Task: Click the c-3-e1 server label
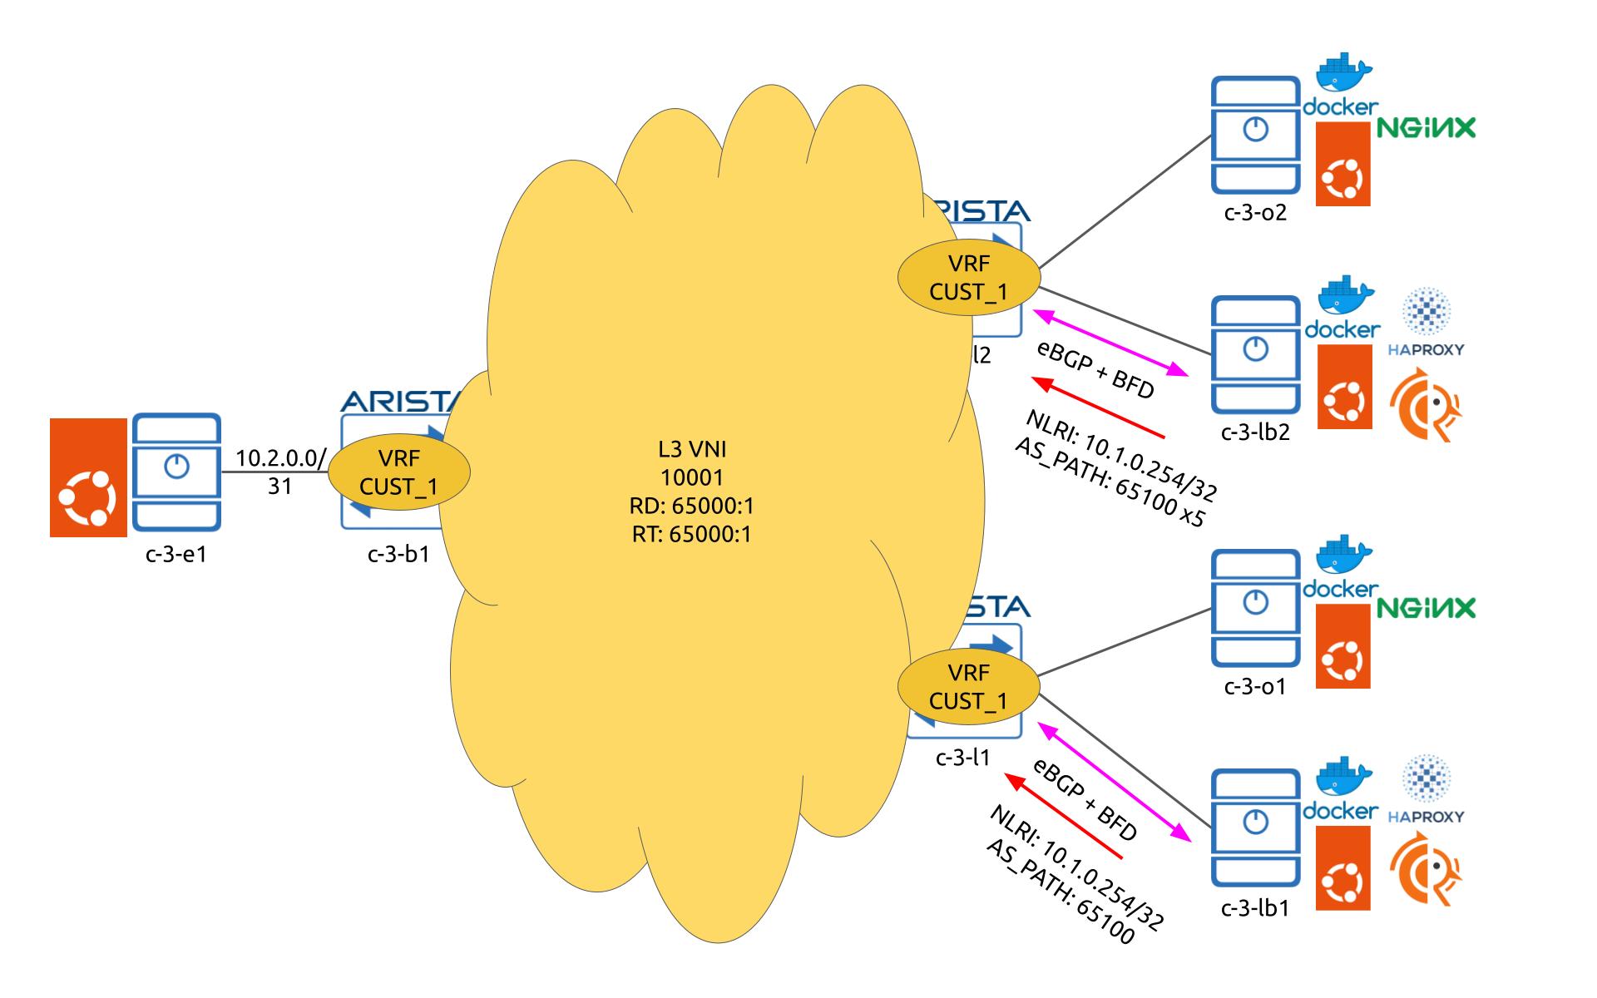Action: pos(176,553)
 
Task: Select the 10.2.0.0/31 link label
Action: pos(280,472)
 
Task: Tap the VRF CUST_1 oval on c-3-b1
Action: pos(399,472)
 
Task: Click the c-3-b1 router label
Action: pos(398,554)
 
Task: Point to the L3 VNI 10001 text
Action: pos(692,463)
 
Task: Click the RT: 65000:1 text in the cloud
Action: pos(692,534)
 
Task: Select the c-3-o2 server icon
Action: pos(1255,134)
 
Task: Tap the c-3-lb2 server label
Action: pos(1255,432)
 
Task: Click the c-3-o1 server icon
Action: pos(1255,608)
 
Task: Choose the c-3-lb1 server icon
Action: pos(1255,828)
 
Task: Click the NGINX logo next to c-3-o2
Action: pos(1426,128)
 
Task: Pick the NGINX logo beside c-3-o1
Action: pos(1426,608)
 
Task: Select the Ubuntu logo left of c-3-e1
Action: pos(88,477)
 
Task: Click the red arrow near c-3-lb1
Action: pos(1064,816)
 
